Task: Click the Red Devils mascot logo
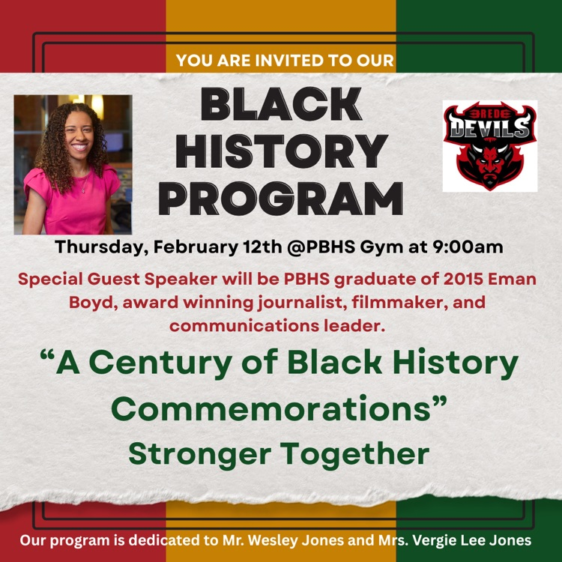pos(490,145)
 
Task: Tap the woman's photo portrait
pos(73,164)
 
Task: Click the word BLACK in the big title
pos(280,106)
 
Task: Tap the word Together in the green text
pos(358,453)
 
